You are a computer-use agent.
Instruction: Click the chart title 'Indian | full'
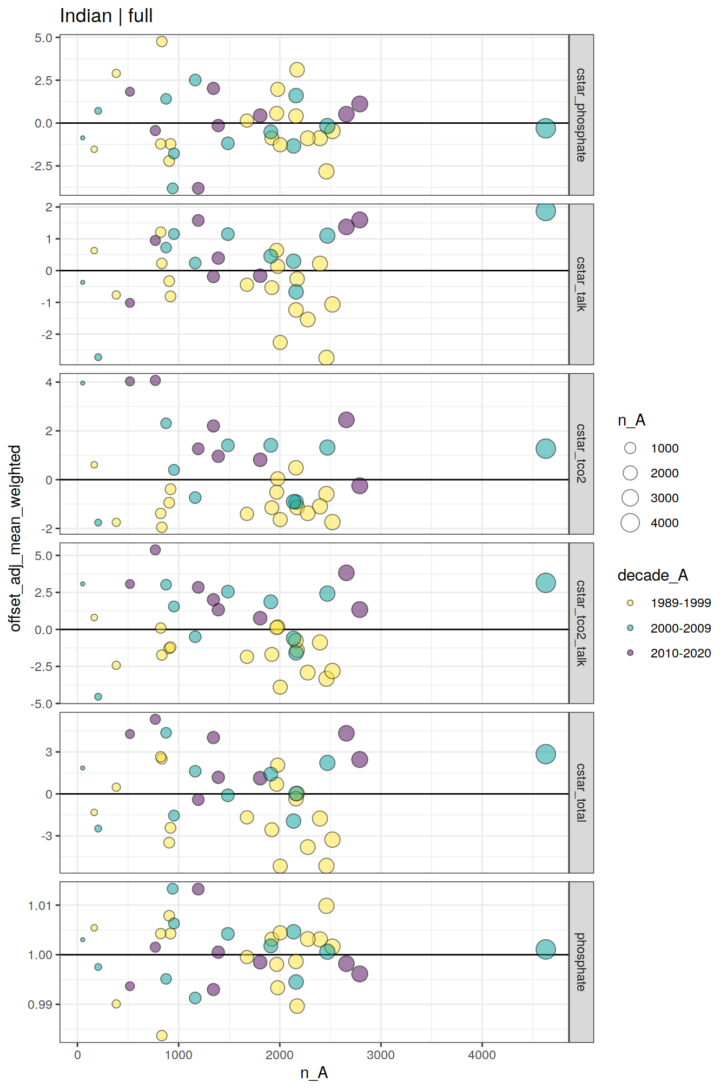point(107,16)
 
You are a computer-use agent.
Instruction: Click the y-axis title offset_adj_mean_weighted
point(15,538)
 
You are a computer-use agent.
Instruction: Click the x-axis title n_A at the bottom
point(314,1073)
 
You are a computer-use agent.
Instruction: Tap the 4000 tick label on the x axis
point(481,1055)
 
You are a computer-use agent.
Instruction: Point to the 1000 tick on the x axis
point(179,1055)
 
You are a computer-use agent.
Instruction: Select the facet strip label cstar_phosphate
point(581,115)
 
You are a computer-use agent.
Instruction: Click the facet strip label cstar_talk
point(581,284)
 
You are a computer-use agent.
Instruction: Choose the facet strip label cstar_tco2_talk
point(581,623)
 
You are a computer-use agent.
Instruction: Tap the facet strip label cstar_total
point(581,792)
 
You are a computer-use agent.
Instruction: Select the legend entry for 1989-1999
point(680,603)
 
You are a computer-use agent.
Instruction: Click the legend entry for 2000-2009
point(680,628)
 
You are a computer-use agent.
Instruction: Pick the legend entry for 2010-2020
point(680,653)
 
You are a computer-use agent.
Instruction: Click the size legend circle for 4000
point(630,523)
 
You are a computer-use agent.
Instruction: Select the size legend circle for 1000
point(630,448)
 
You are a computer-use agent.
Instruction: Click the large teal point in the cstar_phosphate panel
point(546,128)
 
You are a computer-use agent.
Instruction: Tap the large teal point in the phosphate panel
point(546,949)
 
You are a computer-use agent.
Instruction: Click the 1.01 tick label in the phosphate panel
point(40,906)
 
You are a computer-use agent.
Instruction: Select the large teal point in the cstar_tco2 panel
point(546,448)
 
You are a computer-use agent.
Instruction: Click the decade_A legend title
point(652,575)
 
